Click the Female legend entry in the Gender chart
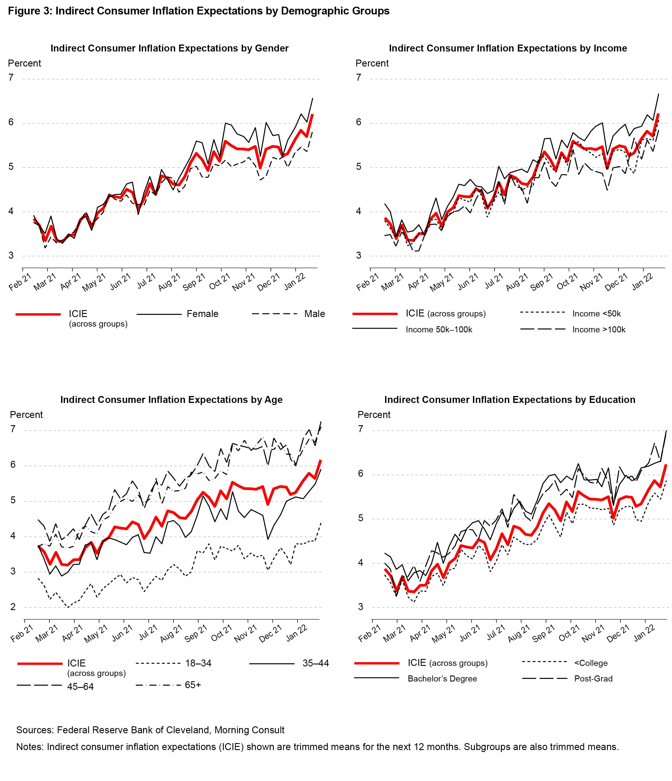(x=202, y=314)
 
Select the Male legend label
(x=314, y=314)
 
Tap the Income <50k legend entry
(x=596, y=314)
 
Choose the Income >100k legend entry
(x=599, y=329)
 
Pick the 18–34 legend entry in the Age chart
(x=198, y=663)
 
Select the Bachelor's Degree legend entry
(x=442, y=679)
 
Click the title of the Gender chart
(x=169, y=48)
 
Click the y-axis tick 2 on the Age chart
(x=13, y=607)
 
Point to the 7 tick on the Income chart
(x=359, y=78)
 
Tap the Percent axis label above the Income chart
(x=372, y=63)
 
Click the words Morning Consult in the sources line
(x=249, y=730)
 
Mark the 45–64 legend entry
(x=80, y=686)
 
